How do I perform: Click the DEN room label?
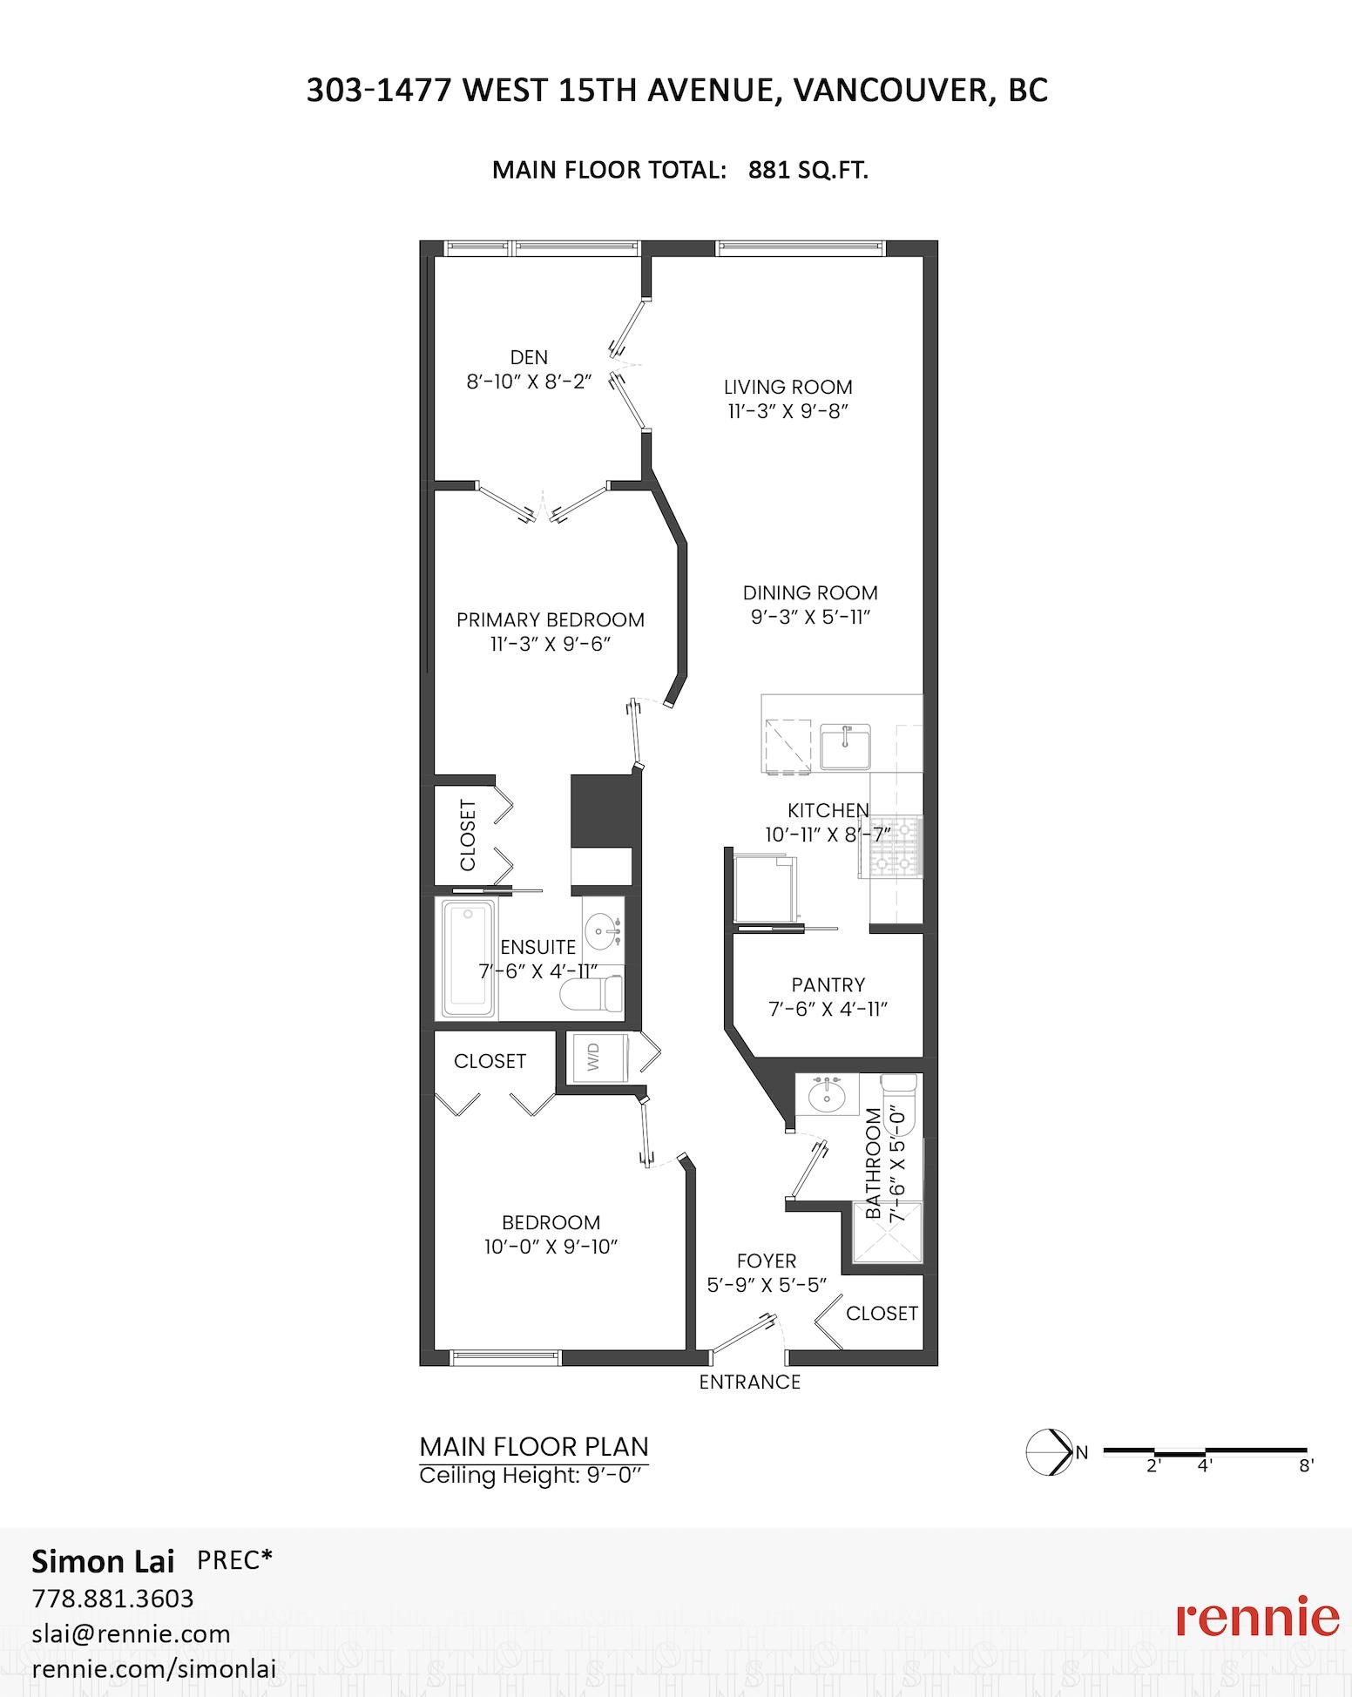click(529, 357)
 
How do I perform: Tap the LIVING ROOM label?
click(788, 387)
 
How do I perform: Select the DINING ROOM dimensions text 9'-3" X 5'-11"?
click(811, 617)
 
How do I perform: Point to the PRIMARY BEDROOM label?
click(551, 619)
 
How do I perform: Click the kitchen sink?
click(844, 747)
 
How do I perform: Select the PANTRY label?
click(828, 984)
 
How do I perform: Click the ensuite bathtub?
click(470, 958)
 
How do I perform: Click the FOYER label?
click(767, 1261)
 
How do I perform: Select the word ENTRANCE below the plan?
click(750, 1382)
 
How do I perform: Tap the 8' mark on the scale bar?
click(1306, 1465)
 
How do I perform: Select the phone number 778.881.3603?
click(113, 1599)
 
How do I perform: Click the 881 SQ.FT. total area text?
click(808, 170)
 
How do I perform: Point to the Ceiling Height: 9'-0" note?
click(535, 1476)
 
